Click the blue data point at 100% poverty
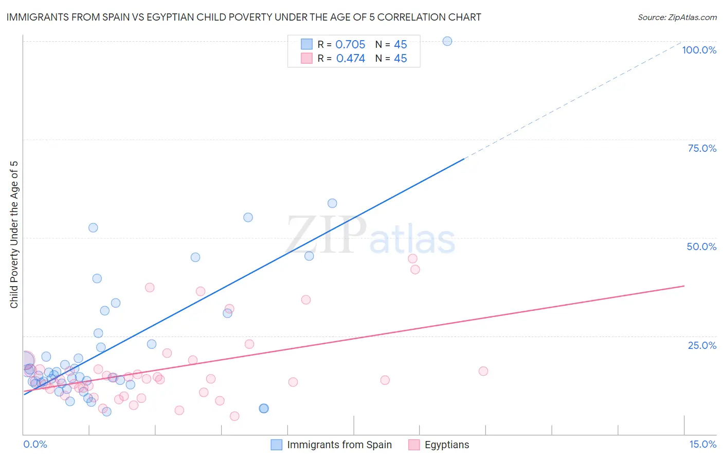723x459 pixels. click(x=447, y=41)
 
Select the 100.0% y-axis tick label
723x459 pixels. click(x=699, y=50)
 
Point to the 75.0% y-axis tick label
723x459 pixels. click(x=702, y=148)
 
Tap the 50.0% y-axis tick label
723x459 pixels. click(x=701, y=246)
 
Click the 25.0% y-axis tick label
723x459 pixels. click(x=702, y=345)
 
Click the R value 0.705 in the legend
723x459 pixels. click(x=350, y=45)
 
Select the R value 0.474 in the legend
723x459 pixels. click(x=350, y=59)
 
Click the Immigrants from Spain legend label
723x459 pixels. click(x=339, y=445)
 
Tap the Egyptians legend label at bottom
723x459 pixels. click(x=447, y=445)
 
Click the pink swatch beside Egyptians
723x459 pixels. click(x=414, y=445)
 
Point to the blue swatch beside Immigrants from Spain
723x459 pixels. click(x=277, y=445)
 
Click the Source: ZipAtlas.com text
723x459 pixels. click(x=677, y=17)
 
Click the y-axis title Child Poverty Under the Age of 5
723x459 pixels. click(x=14, y=235)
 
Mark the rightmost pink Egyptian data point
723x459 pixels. click(x=483, y=371)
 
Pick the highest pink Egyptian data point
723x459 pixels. click(x=412, y=259)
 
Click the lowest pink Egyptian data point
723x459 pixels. click(x=234, y=416)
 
